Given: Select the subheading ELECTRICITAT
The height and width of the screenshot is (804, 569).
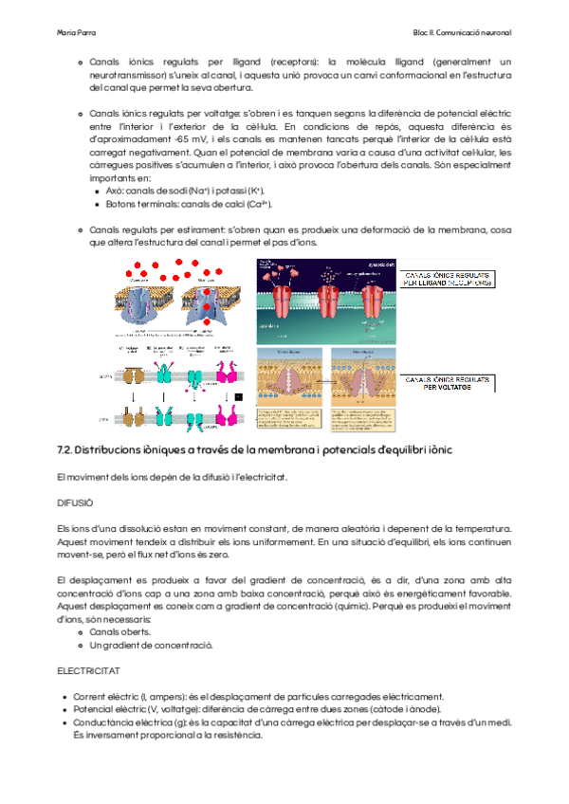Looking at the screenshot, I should coord(88,670).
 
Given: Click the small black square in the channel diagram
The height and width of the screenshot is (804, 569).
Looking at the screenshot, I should coord(239,397).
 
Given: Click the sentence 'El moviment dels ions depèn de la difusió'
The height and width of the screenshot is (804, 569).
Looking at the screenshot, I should coord(166,475).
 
